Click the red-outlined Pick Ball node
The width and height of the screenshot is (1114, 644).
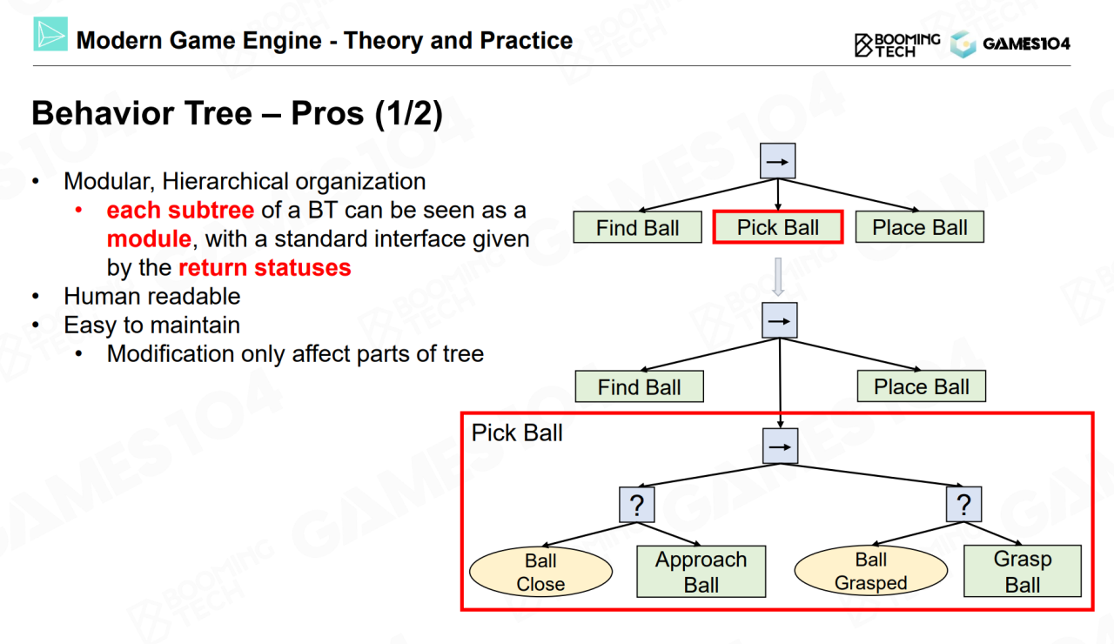(778, 227)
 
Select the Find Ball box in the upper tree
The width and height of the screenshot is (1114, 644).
(638, 227)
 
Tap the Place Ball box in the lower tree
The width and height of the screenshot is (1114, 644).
(921, 386)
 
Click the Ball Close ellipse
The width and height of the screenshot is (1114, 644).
(540, 572)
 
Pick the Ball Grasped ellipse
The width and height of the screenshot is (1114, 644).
(870, 571)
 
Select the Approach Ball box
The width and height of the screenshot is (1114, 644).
(701, 572)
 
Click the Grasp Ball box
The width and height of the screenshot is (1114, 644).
(1022, 571)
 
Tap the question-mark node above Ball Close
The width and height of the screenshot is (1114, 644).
(636, 506)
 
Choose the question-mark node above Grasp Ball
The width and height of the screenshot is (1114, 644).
(963, 504)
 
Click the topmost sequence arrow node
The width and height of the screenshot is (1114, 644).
(778, 161)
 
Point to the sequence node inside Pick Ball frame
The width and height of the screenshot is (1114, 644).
(779, 446)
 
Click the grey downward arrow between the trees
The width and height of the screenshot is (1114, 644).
(779, 277)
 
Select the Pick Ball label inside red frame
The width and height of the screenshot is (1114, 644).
(517, 433)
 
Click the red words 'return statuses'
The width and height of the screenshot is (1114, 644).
(265, 267)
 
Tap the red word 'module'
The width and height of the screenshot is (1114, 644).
(149, 238)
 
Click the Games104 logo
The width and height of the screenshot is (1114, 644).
(1010, 44)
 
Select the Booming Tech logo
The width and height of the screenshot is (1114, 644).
(896, 44)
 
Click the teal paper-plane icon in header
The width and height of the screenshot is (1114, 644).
(50, 34)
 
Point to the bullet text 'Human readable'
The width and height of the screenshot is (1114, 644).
(151, 296)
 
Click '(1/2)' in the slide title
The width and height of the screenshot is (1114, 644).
(409, 114)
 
